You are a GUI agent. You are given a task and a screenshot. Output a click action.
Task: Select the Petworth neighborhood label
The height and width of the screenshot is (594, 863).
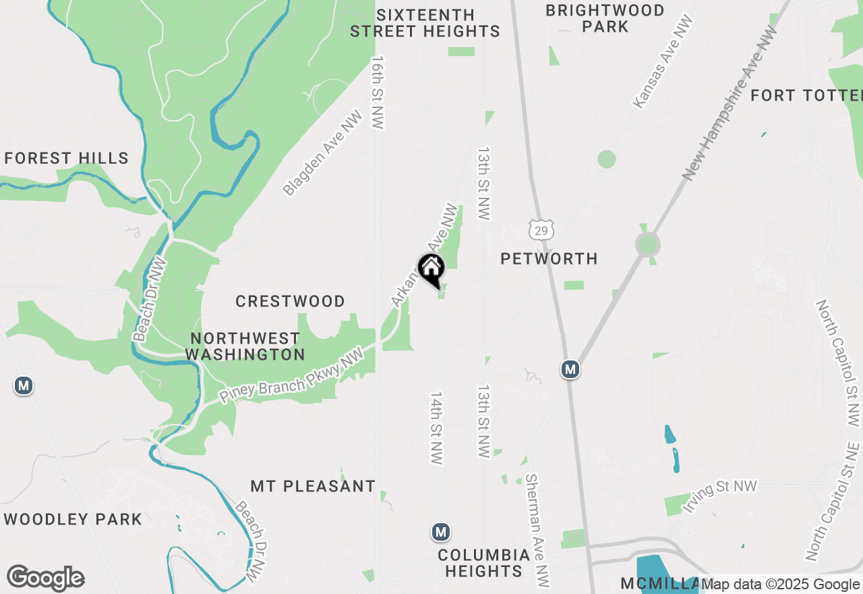549,259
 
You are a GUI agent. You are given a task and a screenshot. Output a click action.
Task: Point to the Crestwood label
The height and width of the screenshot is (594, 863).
290,301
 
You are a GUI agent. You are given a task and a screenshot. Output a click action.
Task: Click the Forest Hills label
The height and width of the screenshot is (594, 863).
66,159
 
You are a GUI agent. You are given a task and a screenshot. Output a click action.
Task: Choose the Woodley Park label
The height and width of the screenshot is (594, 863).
73,519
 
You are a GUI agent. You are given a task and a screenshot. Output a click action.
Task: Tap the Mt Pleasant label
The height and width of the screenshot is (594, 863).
313,486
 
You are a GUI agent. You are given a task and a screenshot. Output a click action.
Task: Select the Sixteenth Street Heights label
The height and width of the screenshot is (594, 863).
425,23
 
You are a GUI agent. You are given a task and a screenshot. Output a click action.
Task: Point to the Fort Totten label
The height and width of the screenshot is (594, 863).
806,95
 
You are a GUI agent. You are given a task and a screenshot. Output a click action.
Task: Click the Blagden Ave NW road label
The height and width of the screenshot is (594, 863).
323,153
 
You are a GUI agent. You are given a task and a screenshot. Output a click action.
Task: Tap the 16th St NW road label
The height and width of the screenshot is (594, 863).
378,92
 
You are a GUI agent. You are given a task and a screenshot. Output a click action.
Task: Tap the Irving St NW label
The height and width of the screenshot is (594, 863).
720,495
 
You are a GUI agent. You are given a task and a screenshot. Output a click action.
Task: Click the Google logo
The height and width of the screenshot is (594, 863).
45,578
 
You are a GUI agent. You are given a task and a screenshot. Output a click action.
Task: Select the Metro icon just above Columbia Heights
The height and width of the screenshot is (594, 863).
441,532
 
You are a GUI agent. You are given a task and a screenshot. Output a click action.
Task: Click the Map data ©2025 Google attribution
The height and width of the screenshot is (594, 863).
781,585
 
